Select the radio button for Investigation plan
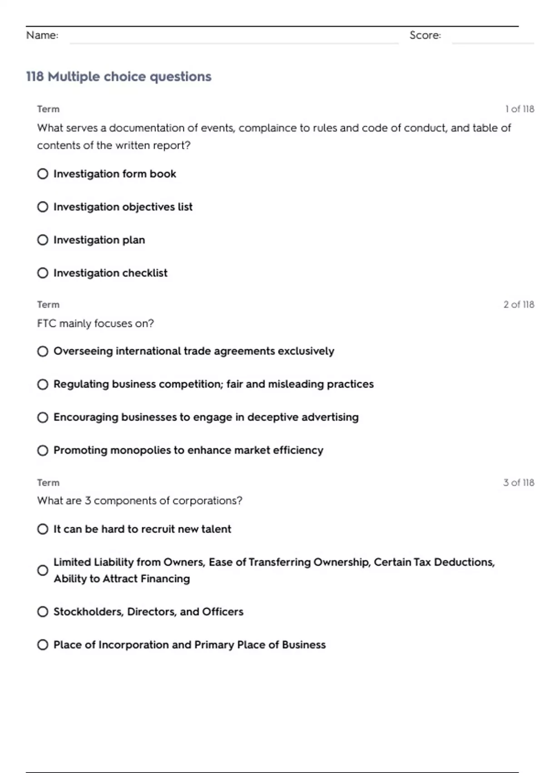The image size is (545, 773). (x=43, y=240)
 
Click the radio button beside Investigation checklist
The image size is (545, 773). (x=43, y=273)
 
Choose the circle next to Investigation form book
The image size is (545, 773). (x=43, y=174)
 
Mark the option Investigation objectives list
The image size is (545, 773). (x=43, y=207)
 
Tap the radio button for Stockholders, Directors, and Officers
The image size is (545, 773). (x=43, y=612)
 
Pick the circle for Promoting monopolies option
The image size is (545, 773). (x=43, y=450)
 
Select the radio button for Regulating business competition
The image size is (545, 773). (x=43, y=384)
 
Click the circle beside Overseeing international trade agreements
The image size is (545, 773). (x=43, y=351)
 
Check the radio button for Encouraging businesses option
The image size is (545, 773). (x=43, y=417)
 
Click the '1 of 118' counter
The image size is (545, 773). (x=520, y=109)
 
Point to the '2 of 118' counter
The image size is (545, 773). (x=519, y=305)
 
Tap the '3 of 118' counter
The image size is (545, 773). (x=519, y=482)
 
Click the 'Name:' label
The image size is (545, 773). (x=42, y=35)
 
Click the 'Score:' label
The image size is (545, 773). (x=425, y=35)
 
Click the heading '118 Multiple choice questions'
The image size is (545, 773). (x=119, y=76)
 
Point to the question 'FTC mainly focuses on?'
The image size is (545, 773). (x=95, y=323)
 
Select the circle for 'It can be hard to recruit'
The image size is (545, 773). (x=43, y=529)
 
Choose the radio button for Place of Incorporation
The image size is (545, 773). (x=43, y=645)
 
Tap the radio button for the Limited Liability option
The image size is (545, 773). (x=43, y=570)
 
